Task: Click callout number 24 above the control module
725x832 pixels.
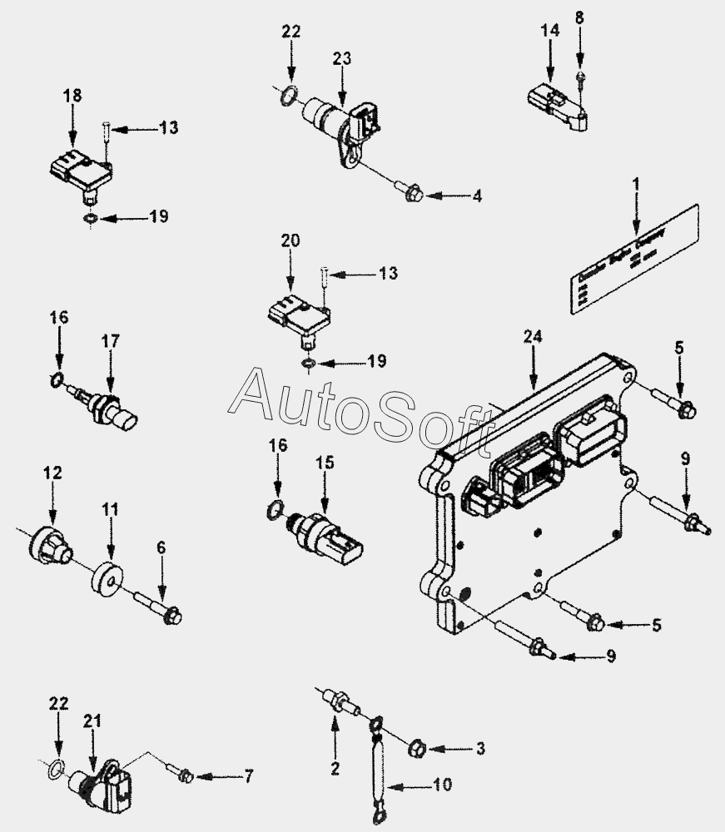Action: pos(533,337)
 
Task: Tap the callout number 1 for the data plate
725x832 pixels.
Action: pos(636,182)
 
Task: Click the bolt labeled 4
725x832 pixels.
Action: pos(414,196)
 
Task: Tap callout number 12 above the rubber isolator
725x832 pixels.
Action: pos(52,473)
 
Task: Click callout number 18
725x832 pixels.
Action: pos(72,96)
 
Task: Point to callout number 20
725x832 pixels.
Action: pos(290,240)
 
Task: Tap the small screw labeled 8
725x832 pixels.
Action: pos(580,80)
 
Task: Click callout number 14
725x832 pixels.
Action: pos(549,32)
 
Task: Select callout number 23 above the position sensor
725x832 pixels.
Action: pos(342,59)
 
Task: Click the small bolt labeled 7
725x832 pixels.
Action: pos(185,775)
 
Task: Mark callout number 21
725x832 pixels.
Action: pos(92,721)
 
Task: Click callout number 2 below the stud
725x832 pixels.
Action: pos(335,770)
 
